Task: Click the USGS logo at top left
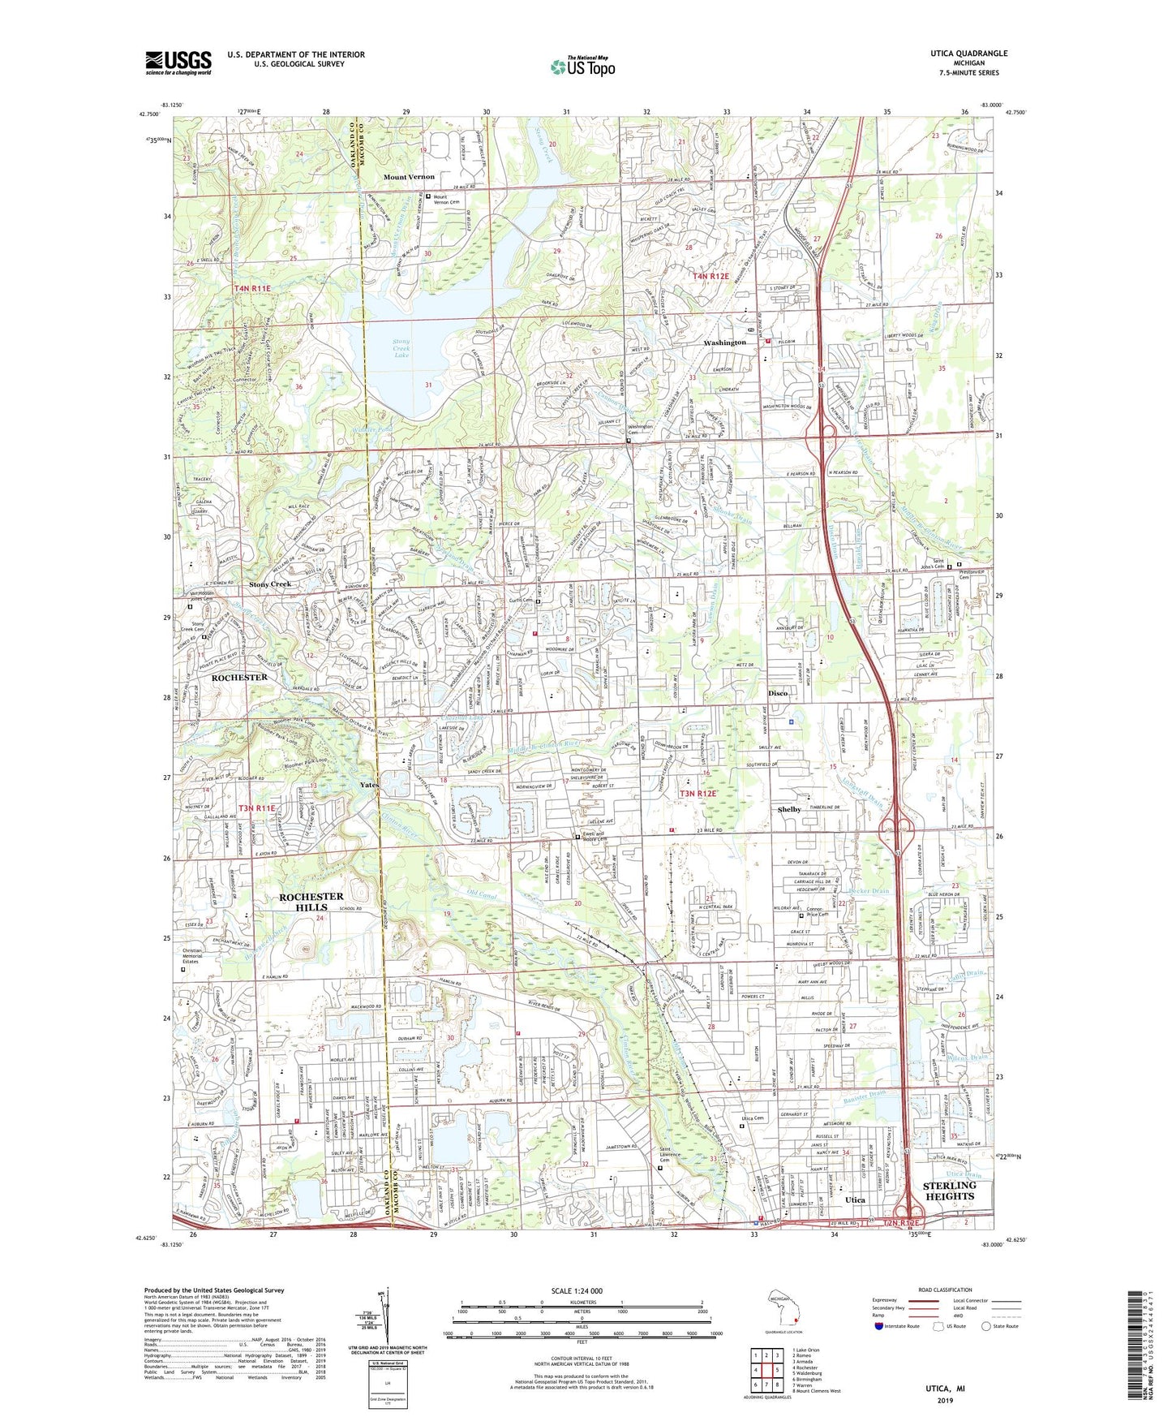click(178, 62)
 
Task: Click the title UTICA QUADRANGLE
click(969, 54)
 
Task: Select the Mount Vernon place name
click(409, 177)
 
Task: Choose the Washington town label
click(724, 342)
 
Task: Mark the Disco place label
click(779, 694)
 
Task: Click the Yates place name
click(369, 785)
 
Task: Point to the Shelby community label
click(789, 809)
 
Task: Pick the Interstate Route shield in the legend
click(880, 1326)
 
